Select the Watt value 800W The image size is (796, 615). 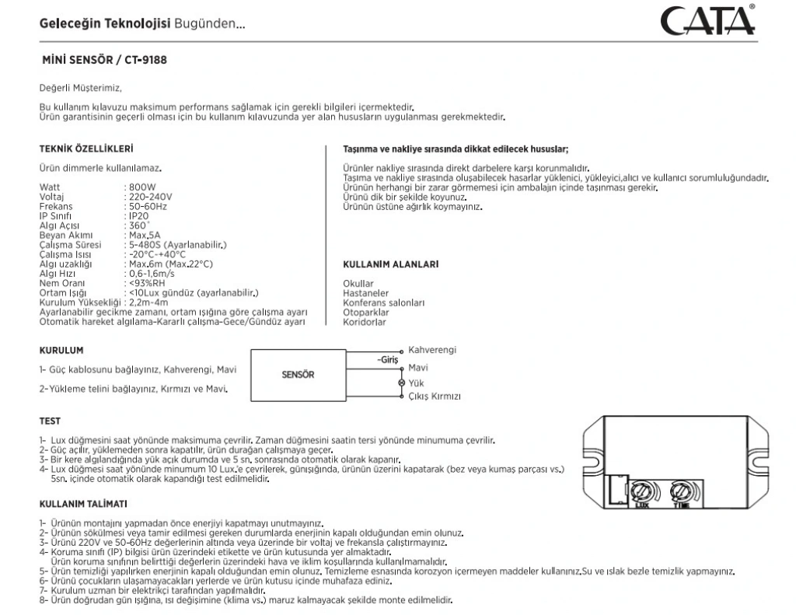[141, 188]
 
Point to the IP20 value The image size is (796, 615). [138, 216]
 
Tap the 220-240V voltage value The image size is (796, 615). [150, 197]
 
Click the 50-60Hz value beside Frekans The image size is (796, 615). [148, 207]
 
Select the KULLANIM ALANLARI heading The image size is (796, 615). [390, 264]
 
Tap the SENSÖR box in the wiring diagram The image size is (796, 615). [298, 375]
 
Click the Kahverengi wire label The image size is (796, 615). [432, 351]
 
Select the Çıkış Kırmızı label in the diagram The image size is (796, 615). [435, 396]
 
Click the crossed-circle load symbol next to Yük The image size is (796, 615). [401, 383]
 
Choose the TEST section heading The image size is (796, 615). [50, 421]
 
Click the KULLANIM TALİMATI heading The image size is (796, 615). [83, 504]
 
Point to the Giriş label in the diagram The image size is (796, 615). [387, 360]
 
